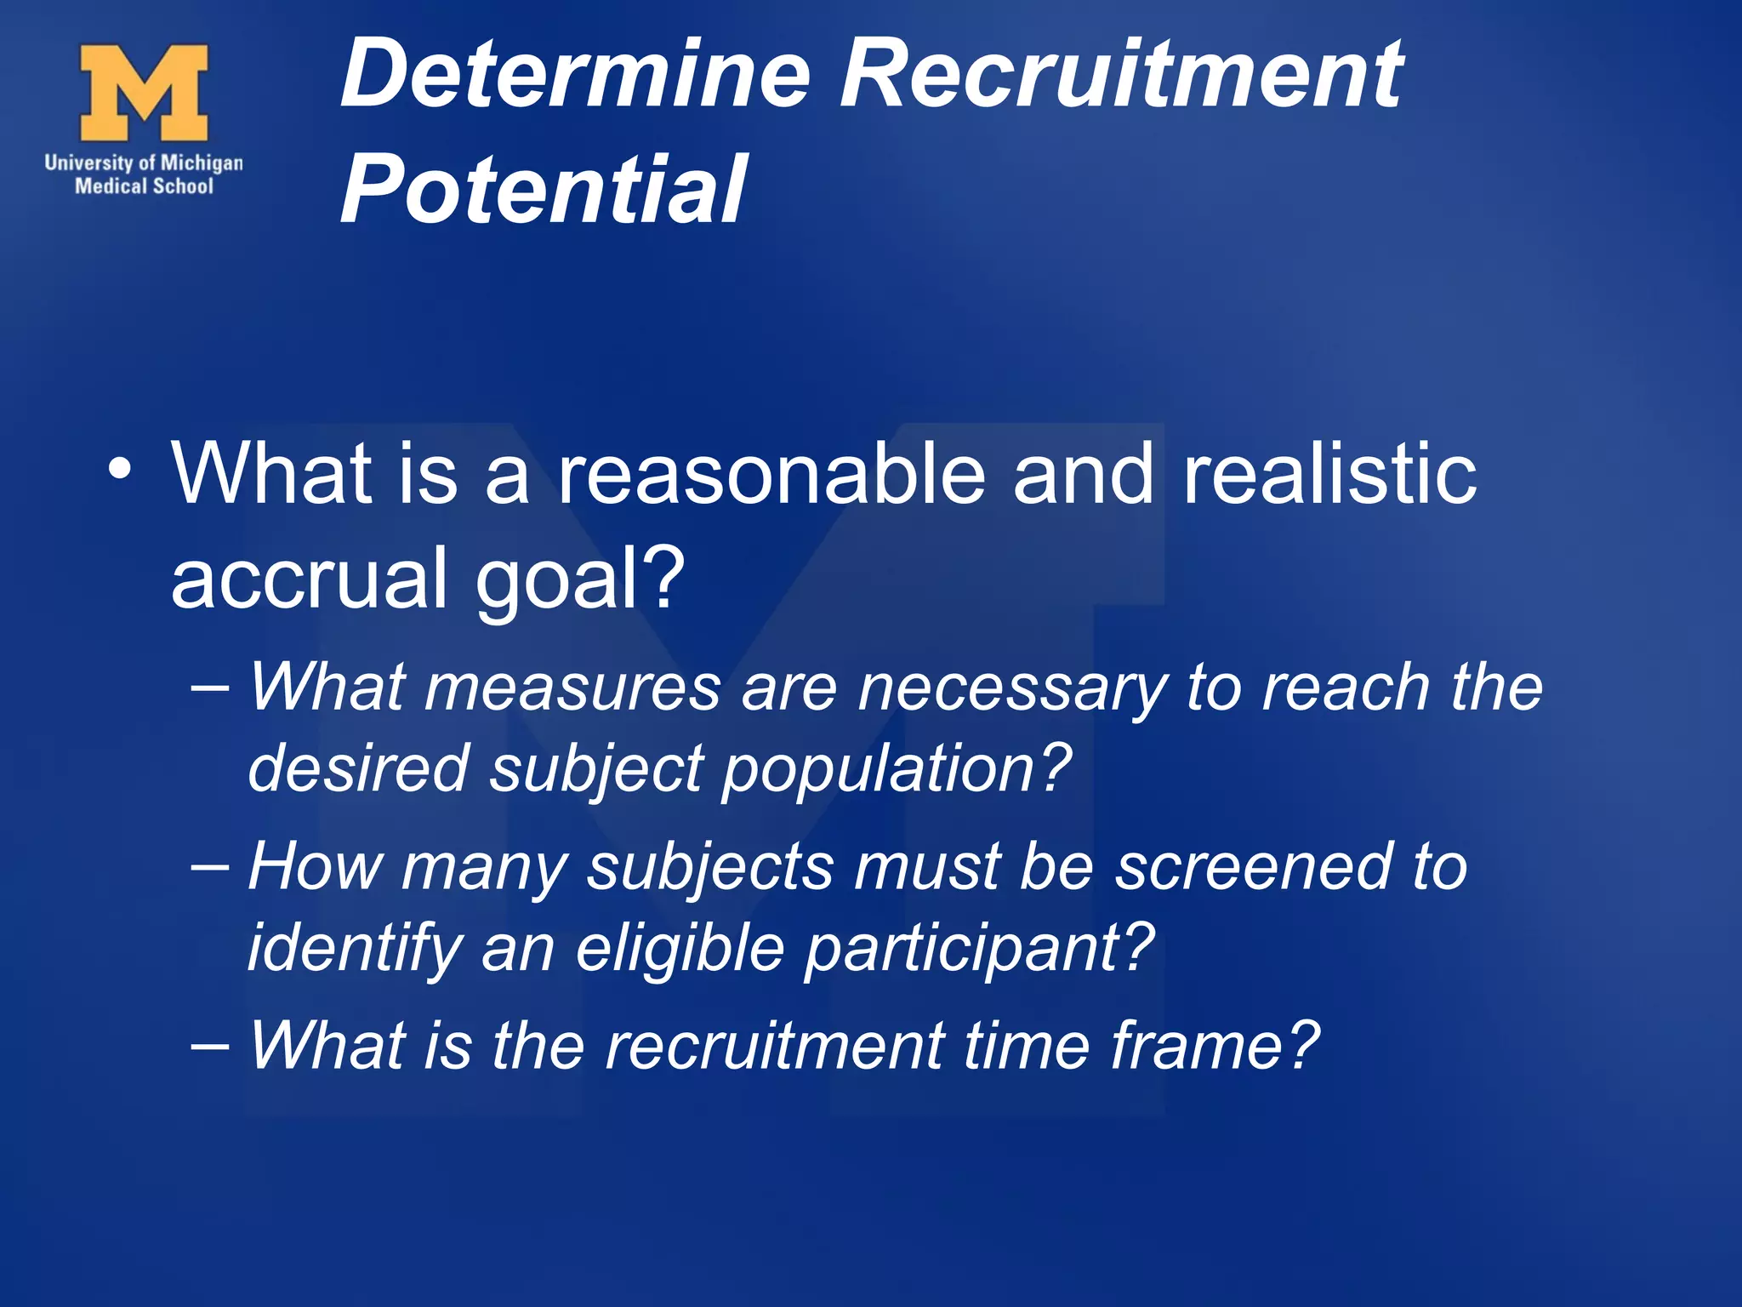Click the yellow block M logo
pyautogui.click(x=144, y=93)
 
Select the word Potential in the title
pyautogui.click(x=544, y=190)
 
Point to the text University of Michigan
pyautogui.click(x=144, y=163)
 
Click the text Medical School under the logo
pyautogui.click(x=144, y=186)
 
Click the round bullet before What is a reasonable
pyautogui.click(x=120, y=471)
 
